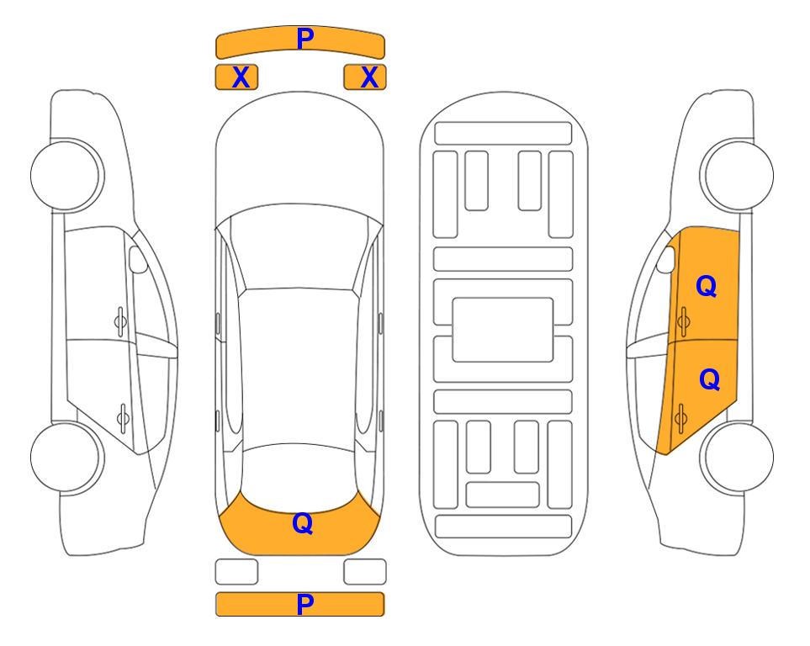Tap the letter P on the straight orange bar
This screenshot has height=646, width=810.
(305, 604)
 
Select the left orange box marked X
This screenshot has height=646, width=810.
(236, 77)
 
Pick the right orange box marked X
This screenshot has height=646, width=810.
(365, 77)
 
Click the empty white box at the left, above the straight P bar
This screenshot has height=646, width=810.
(236, 572)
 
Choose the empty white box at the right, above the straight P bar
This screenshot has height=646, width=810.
(365, 572)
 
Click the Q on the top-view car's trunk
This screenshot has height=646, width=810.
(303, 523)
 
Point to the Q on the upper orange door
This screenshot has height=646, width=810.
(707, 286)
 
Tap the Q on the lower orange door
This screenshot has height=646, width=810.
(709, 379)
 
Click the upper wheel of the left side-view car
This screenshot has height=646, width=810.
(66, 175)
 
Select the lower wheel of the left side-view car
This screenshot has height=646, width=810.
(66, 457)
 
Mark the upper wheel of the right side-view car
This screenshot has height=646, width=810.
(737, 175)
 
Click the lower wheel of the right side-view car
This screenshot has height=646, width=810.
(737, 457)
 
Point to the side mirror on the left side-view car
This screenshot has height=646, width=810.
(137, 259)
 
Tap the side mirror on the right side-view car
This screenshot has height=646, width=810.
(666, 259)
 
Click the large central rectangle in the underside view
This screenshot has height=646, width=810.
(503, 330)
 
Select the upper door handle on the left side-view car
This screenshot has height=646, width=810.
(120, 321)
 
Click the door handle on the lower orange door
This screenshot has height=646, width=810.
(680, 418)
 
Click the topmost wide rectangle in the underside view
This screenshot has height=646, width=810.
(503, 134)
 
